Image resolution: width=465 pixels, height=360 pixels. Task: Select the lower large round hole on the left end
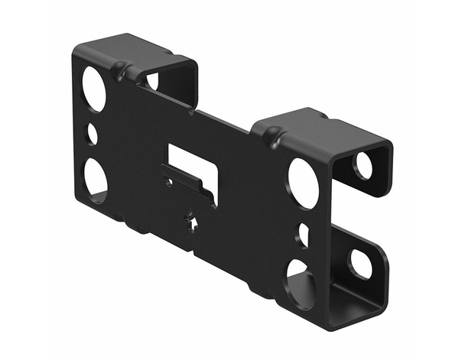tap(95, 178)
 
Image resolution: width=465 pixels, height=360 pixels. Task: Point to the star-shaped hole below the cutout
tap(193, 222)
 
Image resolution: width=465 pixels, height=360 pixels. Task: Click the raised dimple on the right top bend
tap(272, 140)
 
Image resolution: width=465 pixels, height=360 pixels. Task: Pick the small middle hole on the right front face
tap(304, 235)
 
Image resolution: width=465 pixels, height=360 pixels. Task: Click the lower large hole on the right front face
tap(301, 282)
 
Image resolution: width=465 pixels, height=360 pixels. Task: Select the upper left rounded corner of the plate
tap(79, 54)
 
